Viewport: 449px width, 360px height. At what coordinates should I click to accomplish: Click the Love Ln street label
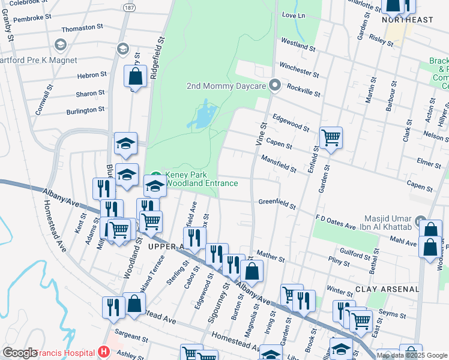click(293, 14)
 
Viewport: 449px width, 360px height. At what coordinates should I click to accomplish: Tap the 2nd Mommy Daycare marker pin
click(275, 86)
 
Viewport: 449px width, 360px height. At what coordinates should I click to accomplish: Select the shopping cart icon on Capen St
click(331, 138)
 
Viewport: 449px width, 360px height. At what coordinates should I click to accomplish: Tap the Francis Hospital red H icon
click(104, 351)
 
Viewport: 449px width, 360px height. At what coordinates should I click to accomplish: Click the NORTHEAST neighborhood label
click(407, 20)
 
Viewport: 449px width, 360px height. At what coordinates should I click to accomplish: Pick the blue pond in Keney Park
click(202, 115)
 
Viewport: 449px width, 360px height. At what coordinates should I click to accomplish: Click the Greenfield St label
click(277, 205)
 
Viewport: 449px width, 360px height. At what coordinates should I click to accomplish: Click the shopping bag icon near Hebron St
click(135, 76)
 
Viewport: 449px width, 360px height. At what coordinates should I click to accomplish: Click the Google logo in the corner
click(19, 353)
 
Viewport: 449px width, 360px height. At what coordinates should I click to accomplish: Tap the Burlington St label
click(85, 110)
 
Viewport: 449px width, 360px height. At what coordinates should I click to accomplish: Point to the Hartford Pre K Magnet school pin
click(60, 45)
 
